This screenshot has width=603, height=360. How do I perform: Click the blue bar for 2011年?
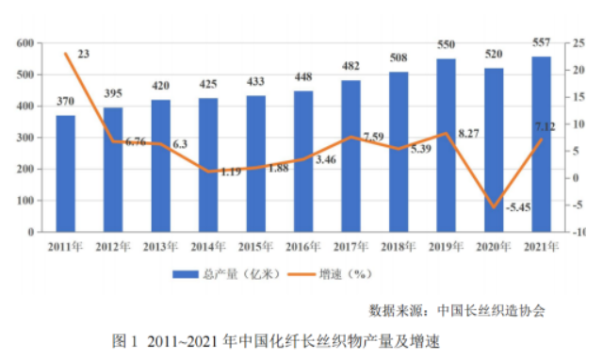click(x=65, y=173)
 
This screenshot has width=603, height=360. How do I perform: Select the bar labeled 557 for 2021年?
click(x=542, y=144)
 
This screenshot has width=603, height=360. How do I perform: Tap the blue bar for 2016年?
click(x=303, y=161)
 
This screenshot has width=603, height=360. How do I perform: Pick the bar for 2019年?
click(x=446, y=145)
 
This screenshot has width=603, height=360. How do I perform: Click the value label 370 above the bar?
click(x=65, y=101)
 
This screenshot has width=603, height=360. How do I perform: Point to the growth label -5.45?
click(x=518, y=207)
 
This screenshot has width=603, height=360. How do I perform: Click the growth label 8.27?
click(x=469, y=134)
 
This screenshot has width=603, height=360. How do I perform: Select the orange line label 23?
click(x=84, y=55)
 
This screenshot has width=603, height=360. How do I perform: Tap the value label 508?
click(x=399, y=57)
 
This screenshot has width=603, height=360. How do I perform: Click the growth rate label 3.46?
click(x=326, y=159)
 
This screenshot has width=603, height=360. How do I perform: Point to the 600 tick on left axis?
click(x=25, y=43)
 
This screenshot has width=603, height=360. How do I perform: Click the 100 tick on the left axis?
click(x=25, y=201)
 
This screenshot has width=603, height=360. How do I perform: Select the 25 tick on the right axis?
click(x=579, y=43)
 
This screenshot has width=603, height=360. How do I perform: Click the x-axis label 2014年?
click(x=208, y=247)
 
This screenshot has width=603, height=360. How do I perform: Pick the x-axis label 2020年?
click(x=494, y=247)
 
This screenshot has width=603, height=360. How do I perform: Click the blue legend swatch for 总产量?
click(x=186, y=274)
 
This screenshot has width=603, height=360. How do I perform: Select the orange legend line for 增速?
click(x=301, y=274)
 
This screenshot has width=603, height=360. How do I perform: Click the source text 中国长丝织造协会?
click(x=491, y=310)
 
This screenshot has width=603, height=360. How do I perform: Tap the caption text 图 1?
click(x=124, y=341)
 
